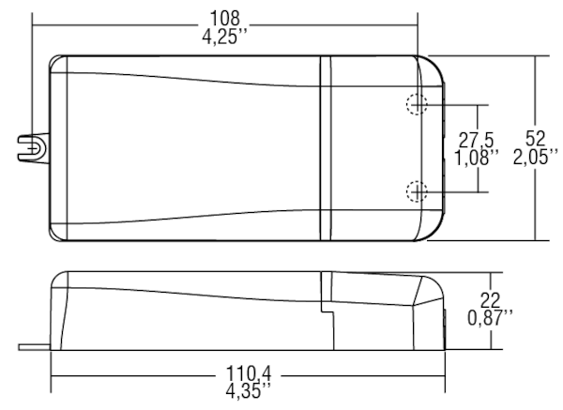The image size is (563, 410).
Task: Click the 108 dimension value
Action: pyautogui.click(x=225, y=18)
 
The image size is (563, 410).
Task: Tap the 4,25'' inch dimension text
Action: pyautogui.click(x=225, y=37)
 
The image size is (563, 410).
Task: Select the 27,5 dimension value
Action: pyautogui.click(x=477, y=140)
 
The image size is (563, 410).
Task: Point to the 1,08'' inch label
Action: pyautogui.click(x=477, y=158)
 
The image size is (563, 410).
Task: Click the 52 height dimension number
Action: pyautogui.click(x=535, y=138)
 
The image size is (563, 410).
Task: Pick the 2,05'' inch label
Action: pyautogui.click(x=536, y=157)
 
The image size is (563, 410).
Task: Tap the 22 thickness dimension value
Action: pyautogui.click(x=490, y=300)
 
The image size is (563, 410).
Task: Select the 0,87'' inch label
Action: pyautogui.click(x=490, y=318)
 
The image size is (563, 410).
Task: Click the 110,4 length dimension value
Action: pyautogui.click(x=249, y=373)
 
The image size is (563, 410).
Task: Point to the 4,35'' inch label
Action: pyautogui.click(x=249, y=390)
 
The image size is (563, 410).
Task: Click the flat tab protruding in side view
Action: pyautogui.click(x=35, y=347)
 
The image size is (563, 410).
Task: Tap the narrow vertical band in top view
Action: pyautogui.click(x=326, y=148)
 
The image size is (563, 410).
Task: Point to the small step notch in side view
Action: pyautogui.click(x=327, y=311)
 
